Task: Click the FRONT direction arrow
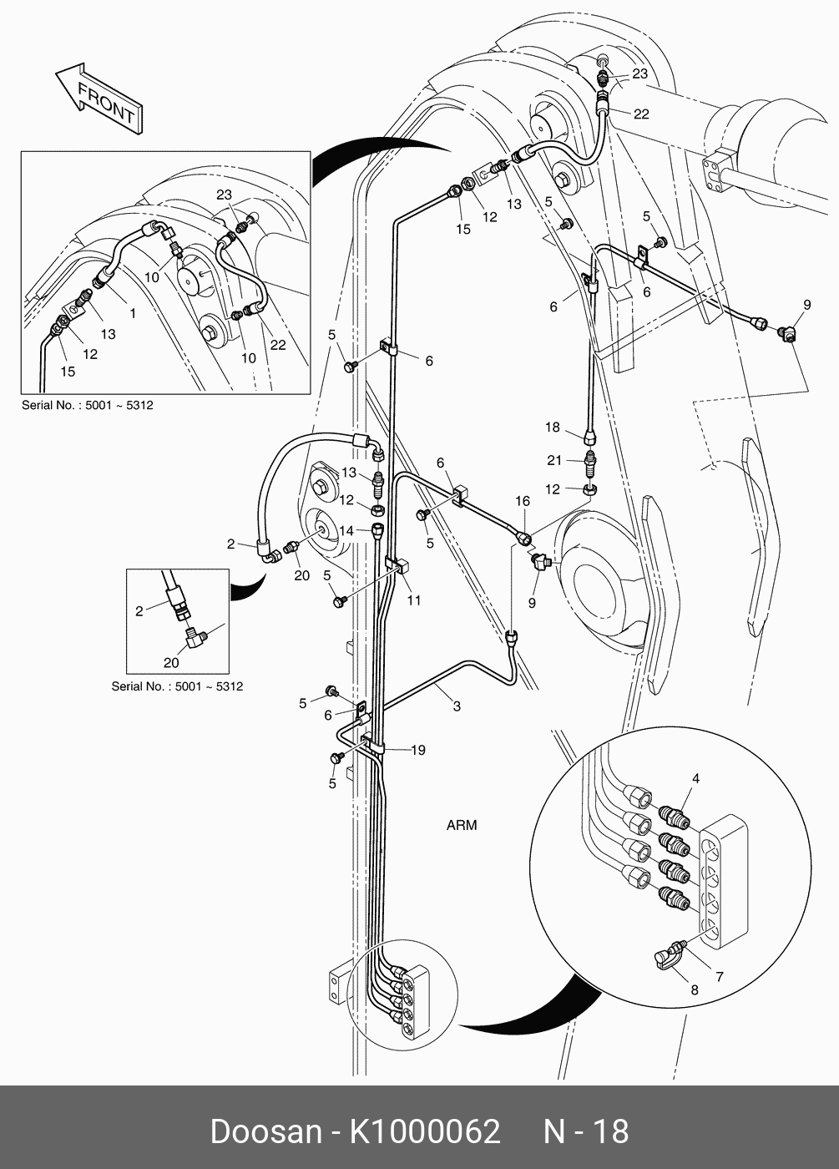click(99, 99)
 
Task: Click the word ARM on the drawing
click(462, 825)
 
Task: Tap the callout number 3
click(457, 706)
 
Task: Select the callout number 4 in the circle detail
click(695, 778)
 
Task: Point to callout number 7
click(720, 976)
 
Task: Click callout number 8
click(695, 989)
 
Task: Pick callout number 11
click(414, 600)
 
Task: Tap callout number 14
click(346, 531)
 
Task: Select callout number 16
click(523, 501)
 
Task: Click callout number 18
click(552, 427)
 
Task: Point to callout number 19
click(418, 750)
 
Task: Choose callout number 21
click(554, 460)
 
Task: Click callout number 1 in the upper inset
click(133, 313)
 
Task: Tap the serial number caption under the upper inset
click(87, 405)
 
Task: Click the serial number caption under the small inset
click(177, 686)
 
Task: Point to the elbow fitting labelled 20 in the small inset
click(195, 638)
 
